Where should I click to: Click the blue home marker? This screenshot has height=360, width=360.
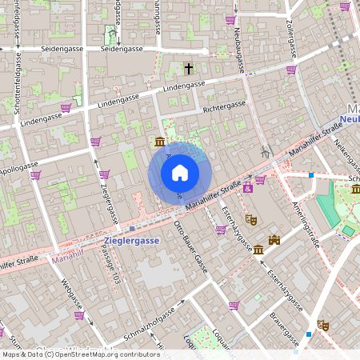[x=180, y=173]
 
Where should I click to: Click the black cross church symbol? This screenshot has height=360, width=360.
[x=190, y=69]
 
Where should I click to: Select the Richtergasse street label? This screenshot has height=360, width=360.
[x=224, y=106]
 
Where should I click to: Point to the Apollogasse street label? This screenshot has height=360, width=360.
[x=18, y=170]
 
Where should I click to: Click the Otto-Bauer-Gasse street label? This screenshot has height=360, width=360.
[x=190, y=247]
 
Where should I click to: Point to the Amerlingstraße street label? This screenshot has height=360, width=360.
[x=306, y=223]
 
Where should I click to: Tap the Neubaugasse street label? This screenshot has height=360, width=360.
[x=238, y=32]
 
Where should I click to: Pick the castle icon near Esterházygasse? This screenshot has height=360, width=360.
[x=274, y=240]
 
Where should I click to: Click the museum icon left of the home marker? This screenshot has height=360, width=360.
[x=160, y=142]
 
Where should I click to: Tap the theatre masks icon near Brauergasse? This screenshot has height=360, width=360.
[x=323, y=325]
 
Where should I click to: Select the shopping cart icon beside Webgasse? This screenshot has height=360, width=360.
[x=79, y=315]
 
